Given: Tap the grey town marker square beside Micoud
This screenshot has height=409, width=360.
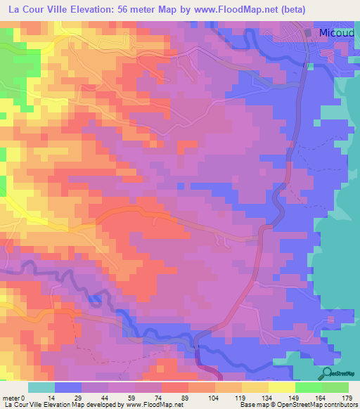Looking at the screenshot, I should click(x=307, y=33).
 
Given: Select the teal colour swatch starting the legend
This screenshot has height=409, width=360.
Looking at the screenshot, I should click(x=41, y=387).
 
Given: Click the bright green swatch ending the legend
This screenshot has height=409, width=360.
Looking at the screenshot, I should click(x=335, y=387).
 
